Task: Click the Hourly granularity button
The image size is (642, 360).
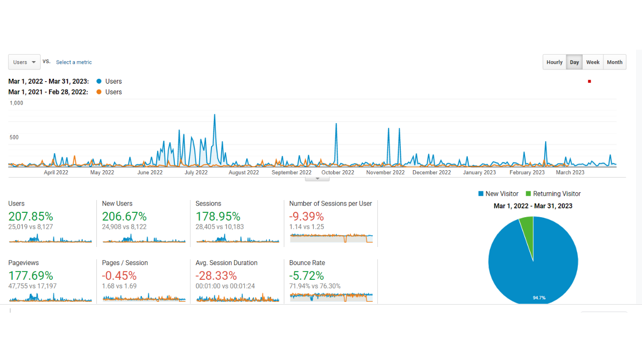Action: coord(554,62)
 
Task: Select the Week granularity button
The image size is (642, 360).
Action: coord(593,62)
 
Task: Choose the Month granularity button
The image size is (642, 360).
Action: coord(615,62)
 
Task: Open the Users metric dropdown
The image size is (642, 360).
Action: coord(24,62)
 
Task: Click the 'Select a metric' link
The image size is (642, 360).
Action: coord(74,62)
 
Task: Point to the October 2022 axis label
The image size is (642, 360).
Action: coord(338,172)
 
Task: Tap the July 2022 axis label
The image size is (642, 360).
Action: coord(196,172)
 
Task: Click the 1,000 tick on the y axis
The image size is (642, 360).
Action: coord(16,103)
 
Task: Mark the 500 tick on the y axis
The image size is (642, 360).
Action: coord(14,137)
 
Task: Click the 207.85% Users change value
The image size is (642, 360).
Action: coord(31,216)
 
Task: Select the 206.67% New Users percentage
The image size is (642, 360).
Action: coord(124,216)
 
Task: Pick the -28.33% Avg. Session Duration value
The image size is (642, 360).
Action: coord(216,275)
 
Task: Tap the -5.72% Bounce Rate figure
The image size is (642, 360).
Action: coord(306,275)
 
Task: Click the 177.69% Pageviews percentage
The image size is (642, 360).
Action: coord(31,275)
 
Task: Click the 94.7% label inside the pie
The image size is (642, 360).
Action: coord(539,297)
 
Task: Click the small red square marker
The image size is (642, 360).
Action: coord(589,81)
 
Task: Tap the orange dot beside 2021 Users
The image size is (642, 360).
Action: coord(99,92)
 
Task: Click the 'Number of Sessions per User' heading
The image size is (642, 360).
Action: coord(330,203)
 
